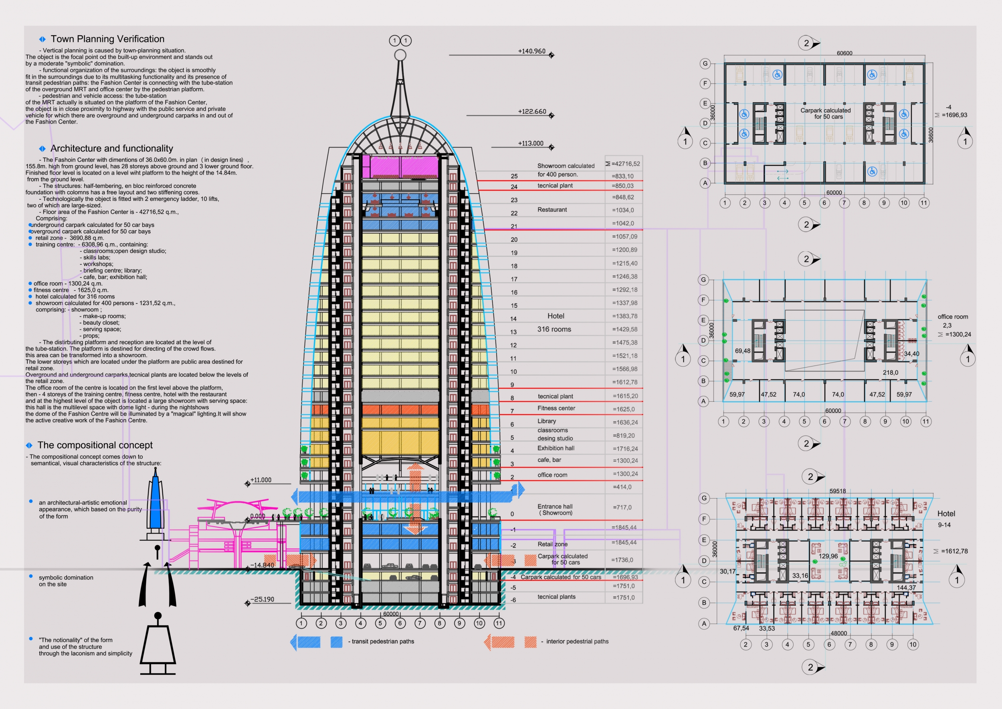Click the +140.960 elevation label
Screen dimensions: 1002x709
click(531, 51)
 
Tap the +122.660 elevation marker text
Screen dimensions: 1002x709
click(532, 111)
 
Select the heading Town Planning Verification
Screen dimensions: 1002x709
click(107, 39)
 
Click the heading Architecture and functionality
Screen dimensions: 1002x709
click(112, 148)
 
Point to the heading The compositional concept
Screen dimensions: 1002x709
click(95, 445)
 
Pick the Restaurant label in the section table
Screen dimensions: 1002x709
click(552, 210)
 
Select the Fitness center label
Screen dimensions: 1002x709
click(556, 408)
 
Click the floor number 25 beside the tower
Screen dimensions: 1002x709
click(514, 176)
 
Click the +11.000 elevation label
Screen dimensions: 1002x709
click(261, 480)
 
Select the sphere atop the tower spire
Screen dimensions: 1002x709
click(400, 55)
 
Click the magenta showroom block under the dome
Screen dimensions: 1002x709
click(400, 166)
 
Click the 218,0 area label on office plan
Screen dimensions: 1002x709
click(890, 372)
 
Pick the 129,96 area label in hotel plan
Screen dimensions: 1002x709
click(828, 556)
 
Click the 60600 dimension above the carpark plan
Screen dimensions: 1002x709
click(844, 53)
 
